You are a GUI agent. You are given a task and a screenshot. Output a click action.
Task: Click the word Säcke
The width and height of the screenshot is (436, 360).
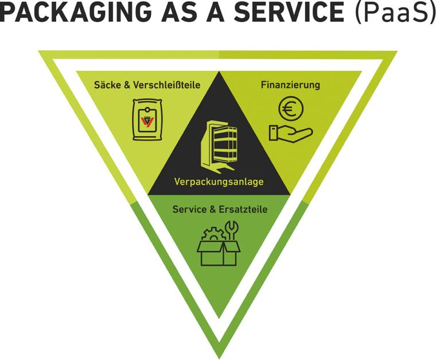click(106, 85)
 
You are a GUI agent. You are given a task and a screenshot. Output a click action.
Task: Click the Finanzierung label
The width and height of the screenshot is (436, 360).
click(290, 85)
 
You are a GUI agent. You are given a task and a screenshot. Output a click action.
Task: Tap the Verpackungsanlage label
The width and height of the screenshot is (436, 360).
click(219, 182)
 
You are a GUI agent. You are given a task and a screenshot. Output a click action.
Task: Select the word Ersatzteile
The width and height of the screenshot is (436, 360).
click(243, 210)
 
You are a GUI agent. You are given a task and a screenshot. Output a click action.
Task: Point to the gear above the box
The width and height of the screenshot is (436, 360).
click(212, 235)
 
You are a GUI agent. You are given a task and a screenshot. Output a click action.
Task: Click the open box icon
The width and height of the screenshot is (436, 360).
click(218, 253)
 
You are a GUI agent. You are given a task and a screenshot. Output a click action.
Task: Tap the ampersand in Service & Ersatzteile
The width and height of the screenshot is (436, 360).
click(212, 210)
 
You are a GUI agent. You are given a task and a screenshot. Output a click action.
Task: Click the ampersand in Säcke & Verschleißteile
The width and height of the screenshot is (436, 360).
click(125, 85)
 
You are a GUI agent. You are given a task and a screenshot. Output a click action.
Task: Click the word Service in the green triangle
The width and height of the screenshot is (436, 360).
click(189, 210)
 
